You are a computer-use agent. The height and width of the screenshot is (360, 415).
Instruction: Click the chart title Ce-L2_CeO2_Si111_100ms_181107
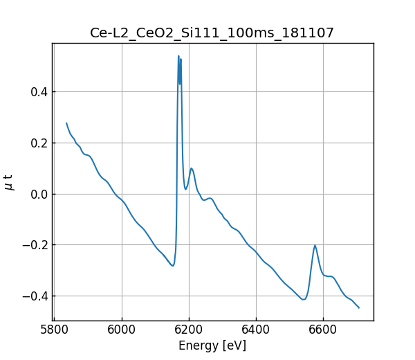tap(212, 33)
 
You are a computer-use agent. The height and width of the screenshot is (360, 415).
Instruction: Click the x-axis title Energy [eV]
tap(212, 345)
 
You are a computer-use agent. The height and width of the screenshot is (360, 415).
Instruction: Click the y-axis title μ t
tap(9, 182)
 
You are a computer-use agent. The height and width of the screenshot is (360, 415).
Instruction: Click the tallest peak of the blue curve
tap(178, 56)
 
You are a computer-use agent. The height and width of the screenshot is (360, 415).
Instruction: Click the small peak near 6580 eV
tap(315, 245)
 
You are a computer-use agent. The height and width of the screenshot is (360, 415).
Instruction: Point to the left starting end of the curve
tap(66, 123)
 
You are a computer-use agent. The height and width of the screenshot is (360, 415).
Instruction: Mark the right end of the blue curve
tap(359, 307)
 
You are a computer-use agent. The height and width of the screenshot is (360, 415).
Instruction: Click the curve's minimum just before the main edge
tap(173, 266)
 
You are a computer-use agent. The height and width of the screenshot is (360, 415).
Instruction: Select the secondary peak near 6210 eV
tap(192, 168)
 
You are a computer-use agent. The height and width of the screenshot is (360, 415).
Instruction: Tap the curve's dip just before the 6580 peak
tap(304, 299)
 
